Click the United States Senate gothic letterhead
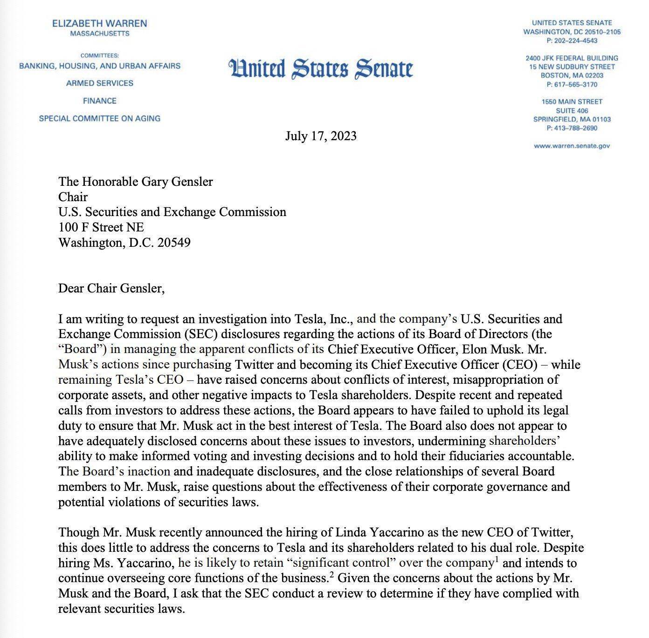(x=321, y=68)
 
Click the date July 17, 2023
(x=321, y=136)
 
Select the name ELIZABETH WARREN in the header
(x=99, y=23)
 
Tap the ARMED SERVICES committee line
(x=99, y=83)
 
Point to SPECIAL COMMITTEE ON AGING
(x=99, y=119)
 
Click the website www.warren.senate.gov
(x=572, y=146)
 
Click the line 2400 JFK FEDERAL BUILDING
(x=572, y=58)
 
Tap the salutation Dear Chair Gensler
(x=111, y=288)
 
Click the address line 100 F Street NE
(x=101, y=227)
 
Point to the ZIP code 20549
(x=174, y=243)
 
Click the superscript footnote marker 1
(x=497, y=559)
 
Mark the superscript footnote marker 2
(x=331, y=574)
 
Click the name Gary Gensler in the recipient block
(x=180, y=182)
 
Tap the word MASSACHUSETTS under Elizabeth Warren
(x=100, y=34)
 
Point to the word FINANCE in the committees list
(x=99, y=101)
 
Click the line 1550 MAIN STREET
(x=572, y=102)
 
